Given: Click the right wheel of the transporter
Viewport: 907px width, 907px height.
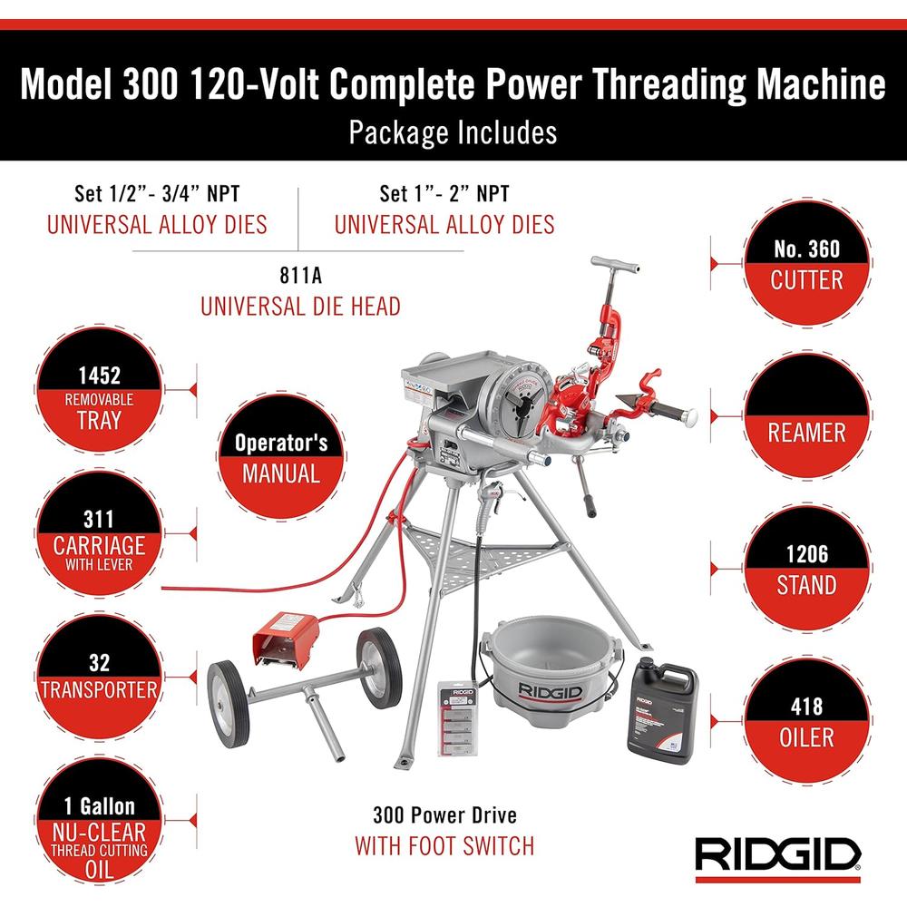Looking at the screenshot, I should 378,667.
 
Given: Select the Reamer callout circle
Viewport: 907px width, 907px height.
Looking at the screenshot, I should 806,418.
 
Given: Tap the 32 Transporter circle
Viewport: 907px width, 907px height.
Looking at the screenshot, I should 99,676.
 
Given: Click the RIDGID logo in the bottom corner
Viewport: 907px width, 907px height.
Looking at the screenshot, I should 777,853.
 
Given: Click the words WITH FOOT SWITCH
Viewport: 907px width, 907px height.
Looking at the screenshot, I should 444,846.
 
